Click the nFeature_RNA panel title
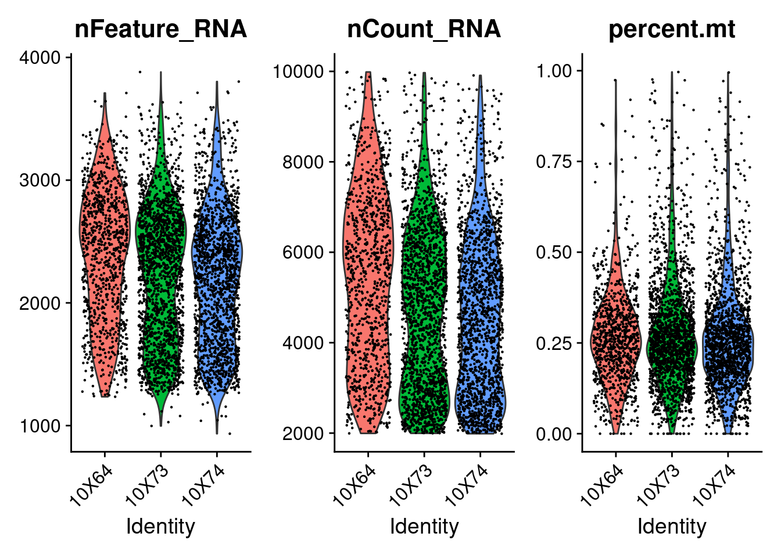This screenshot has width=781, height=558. coord(160,29)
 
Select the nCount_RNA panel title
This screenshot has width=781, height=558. coord(424,29)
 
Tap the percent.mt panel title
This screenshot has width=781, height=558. coord(671,29)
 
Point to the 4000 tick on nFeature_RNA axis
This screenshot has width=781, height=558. coord(40,58)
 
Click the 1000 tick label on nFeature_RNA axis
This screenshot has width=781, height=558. coord(40,426)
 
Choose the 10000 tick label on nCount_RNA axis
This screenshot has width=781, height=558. coord(298,71)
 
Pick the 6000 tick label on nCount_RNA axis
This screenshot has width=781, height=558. coord(303,252)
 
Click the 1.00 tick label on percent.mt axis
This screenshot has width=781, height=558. coord(554,71)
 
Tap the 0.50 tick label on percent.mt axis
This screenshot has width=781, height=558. coord(554,252)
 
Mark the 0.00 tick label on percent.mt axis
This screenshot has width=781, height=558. coord(554,434)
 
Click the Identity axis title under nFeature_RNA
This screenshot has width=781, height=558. coord(160,527)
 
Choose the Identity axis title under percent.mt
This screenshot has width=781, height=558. coord(672,527)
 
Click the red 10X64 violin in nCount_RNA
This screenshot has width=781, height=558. coord(368,262)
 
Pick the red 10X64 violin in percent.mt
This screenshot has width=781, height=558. coord(615,343)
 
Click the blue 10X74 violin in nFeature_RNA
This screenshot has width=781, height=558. coord(217,262)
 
